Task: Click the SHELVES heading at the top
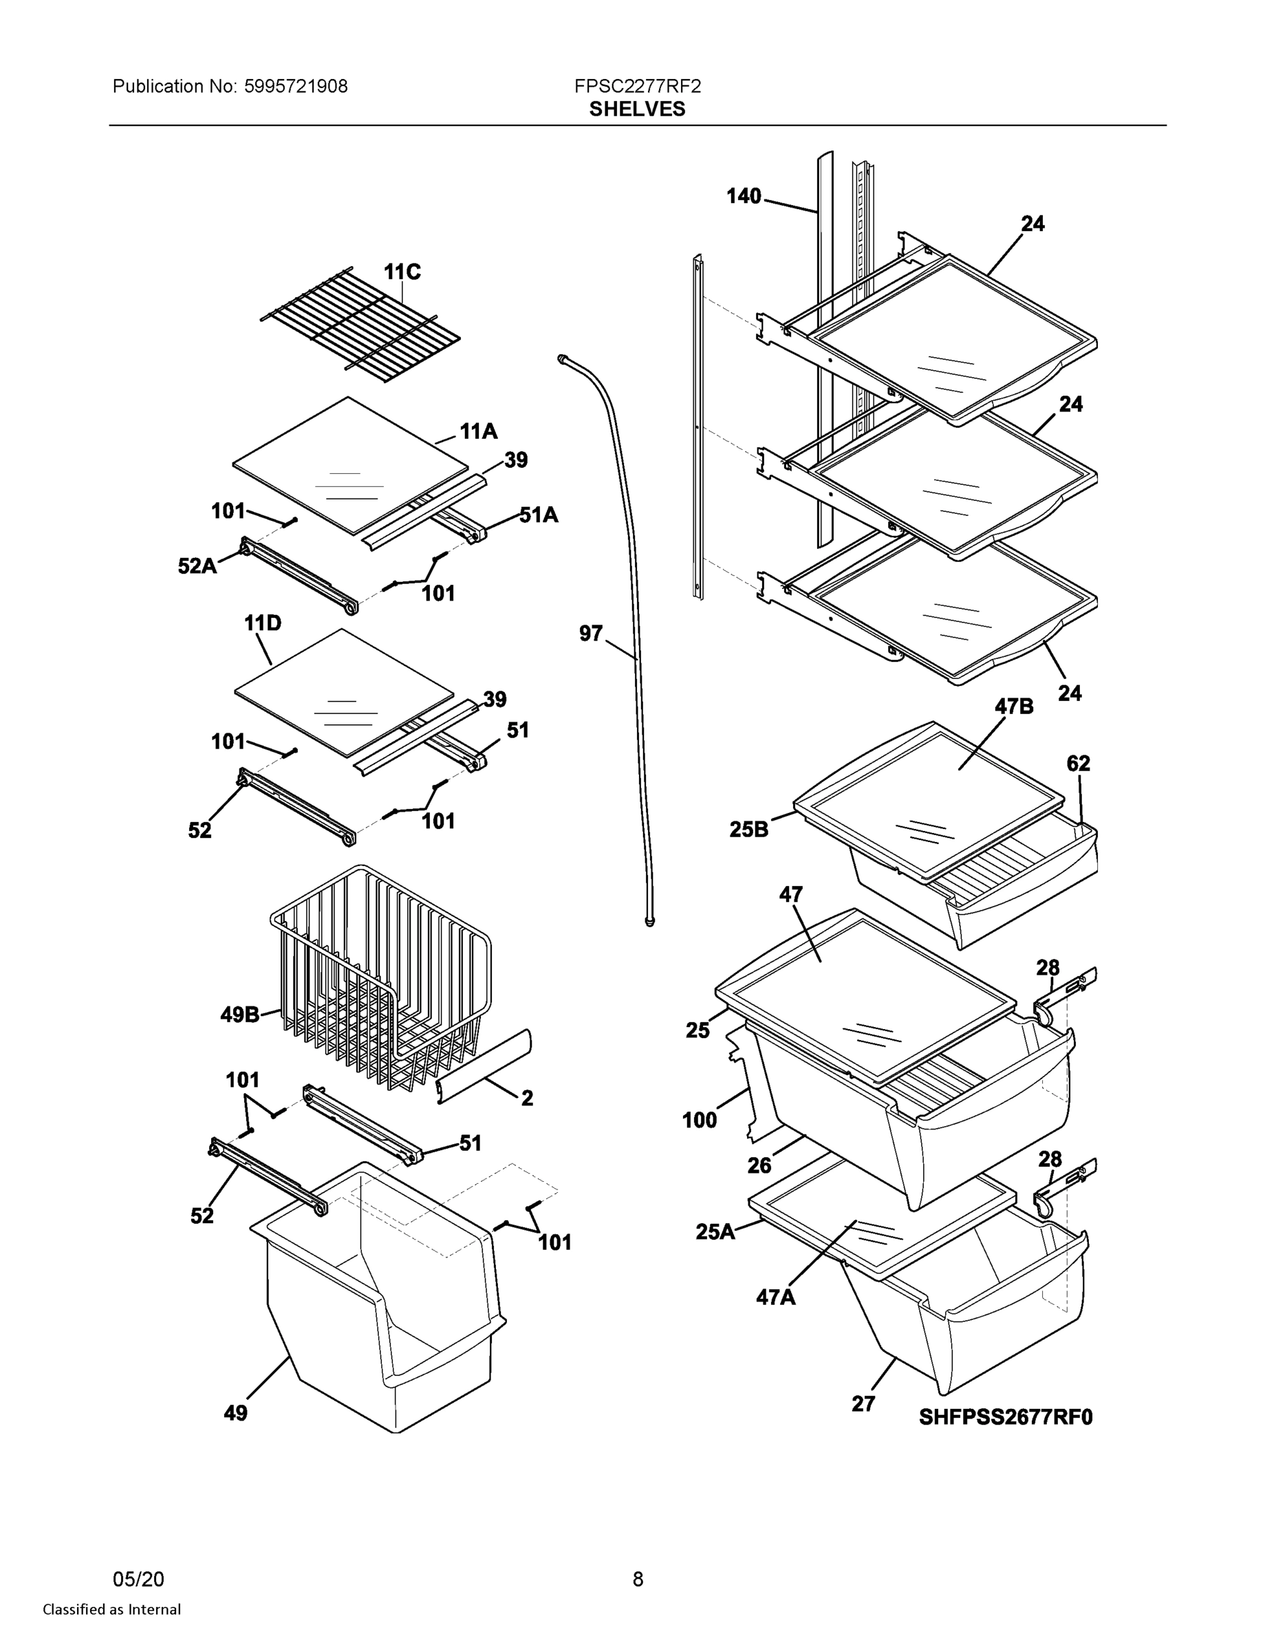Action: [x=636, y=109]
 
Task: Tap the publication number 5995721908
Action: [x=296, y=86]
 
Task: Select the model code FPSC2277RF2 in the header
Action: [x=636, y=86]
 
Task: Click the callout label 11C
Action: [x=402, y=272]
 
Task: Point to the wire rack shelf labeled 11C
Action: [x=360, y=325]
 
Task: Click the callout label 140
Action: [x=743, y=197]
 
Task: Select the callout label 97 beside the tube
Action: [x=590, y=634]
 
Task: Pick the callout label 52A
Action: [x=197, y=565]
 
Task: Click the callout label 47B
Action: [x=1014, y=706]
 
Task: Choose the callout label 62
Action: [x=1078, y=764]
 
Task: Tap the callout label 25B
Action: [x=748, y=830]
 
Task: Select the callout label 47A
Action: [x=776, y=1297]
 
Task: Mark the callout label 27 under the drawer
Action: [x=863, y=1404]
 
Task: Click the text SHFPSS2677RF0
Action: [x=1006, y=1416]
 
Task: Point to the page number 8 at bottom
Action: [x=637, y=1579]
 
